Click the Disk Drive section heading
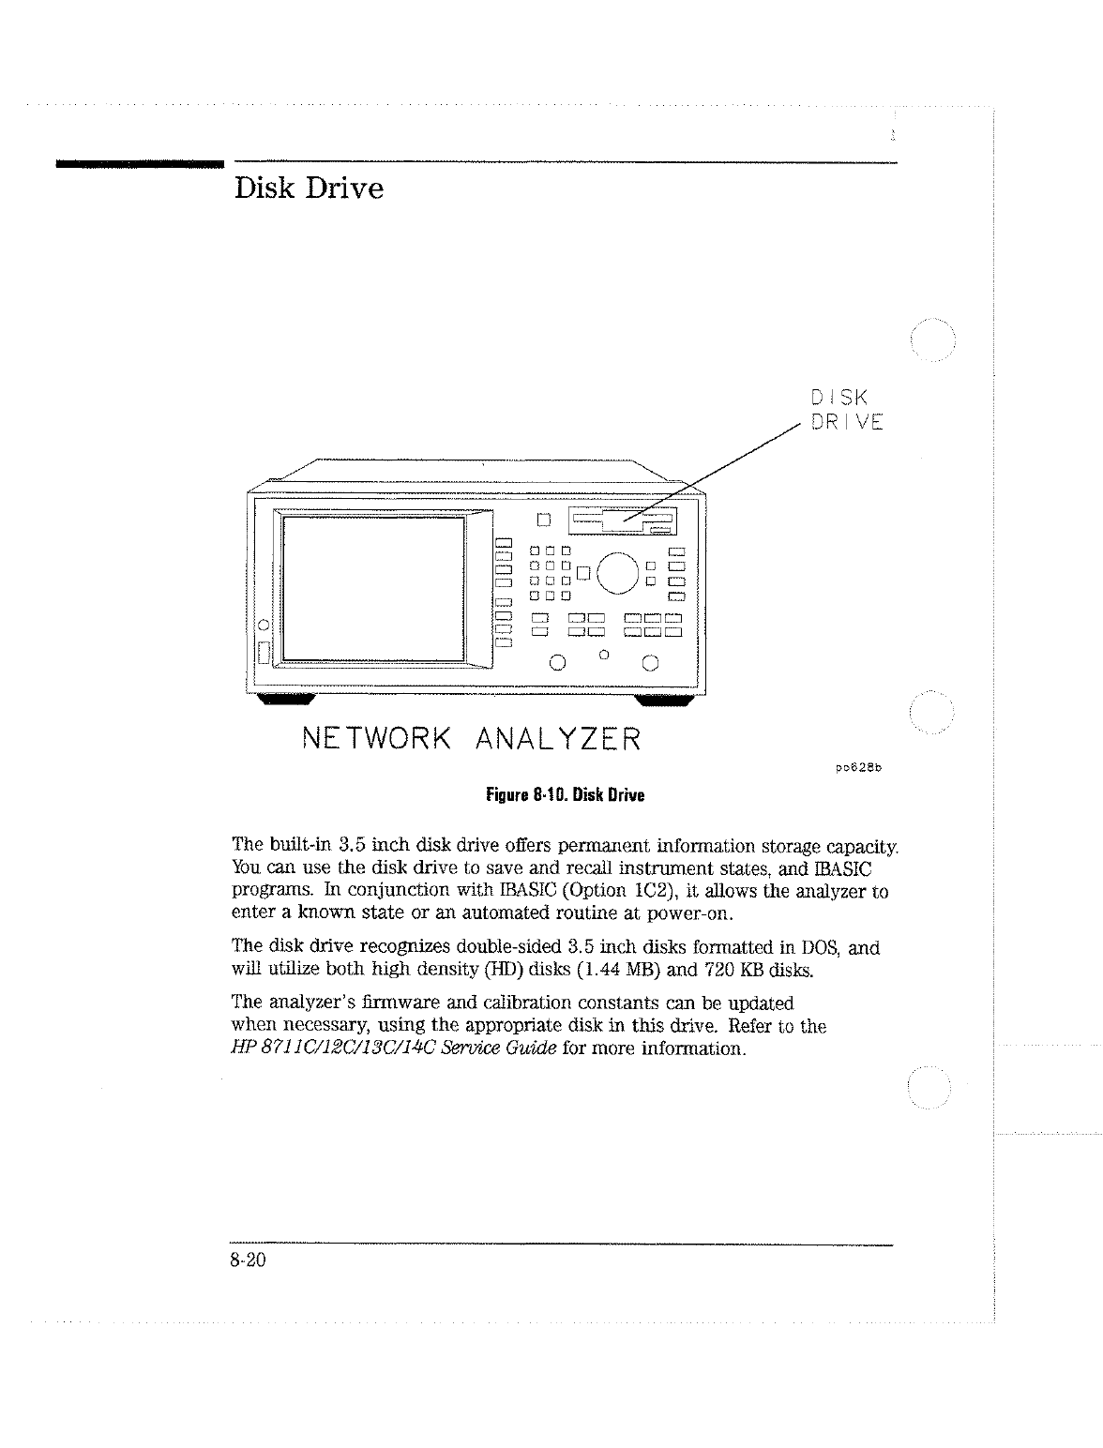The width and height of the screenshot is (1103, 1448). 309,189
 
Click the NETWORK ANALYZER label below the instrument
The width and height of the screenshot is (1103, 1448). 472,738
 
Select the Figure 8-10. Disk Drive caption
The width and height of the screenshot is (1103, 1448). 565,796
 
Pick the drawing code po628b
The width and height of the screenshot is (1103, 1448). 859,770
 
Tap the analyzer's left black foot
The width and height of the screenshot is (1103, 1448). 286,700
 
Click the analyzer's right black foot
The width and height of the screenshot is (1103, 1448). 664,700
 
